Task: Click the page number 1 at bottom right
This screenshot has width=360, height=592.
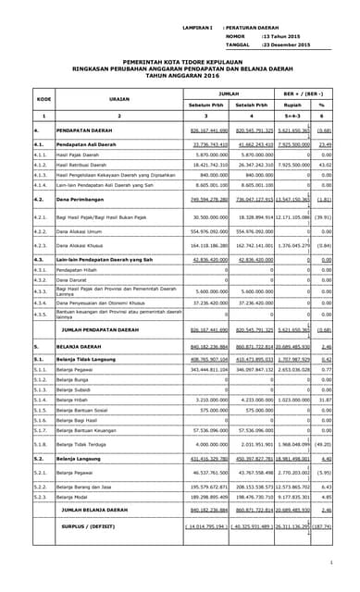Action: click(x=330, y=561)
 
